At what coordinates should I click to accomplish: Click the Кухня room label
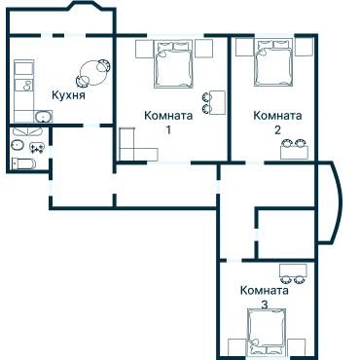[68, 95]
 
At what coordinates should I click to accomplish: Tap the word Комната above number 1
[166, 115]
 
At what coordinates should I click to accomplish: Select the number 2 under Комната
[277, 129]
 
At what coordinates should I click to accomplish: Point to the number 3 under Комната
[265, 305]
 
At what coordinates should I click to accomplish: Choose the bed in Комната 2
[272, 63]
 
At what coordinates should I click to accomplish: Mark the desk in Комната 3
[295, 269]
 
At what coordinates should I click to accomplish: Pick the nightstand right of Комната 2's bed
[305, 47]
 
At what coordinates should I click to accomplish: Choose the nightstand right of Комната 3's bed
[297, 345]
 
